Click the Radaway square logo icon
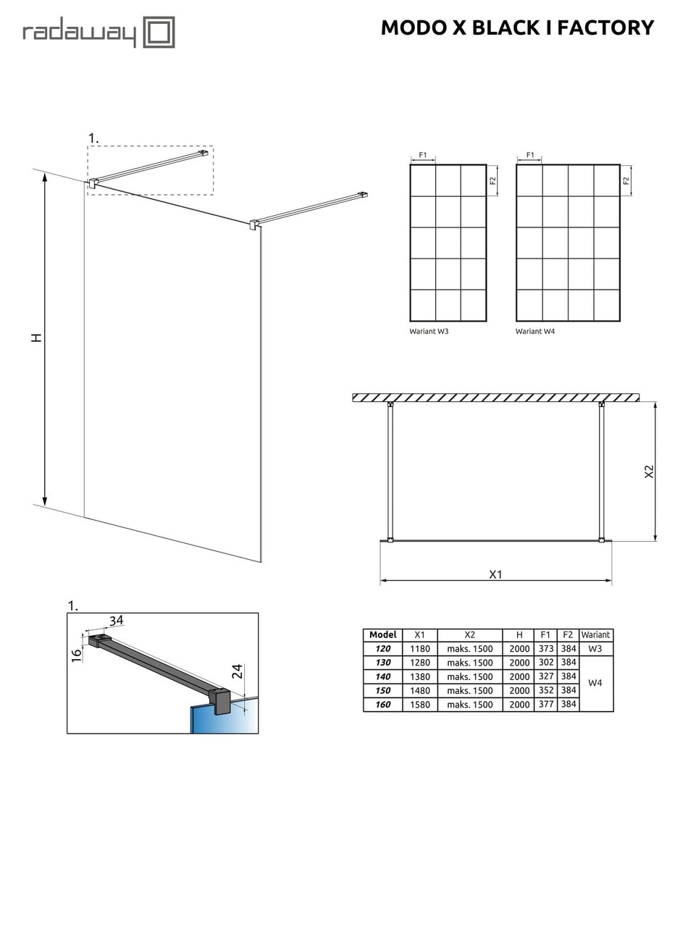pos(159,33)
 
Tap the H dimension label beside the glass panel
pos(37,337)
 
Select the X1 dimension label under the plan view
pos(495,574)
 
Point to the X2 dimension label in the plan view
pos(649,471)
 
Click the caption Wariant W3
pos(429,331)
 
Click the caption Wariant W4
pos(535,331)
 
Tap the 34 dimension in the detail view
pos(116,620)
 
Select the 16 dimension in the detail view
pos(77,655)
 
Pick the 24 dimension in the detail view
pos(237,671)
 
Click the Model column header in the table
pos(383,635)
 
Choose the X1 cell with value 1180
pos(420,649)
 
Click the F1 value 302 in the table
pos(545,663)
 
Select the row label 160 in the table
pos(383,705)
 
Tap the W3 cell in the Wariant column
pos(595,649)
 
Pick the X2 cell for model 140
pos(469,676)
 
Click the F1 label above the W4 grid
pos(530,155)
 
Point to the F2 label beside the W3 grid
pos(493,180)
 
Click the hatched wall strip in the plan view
pos(495,398)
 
